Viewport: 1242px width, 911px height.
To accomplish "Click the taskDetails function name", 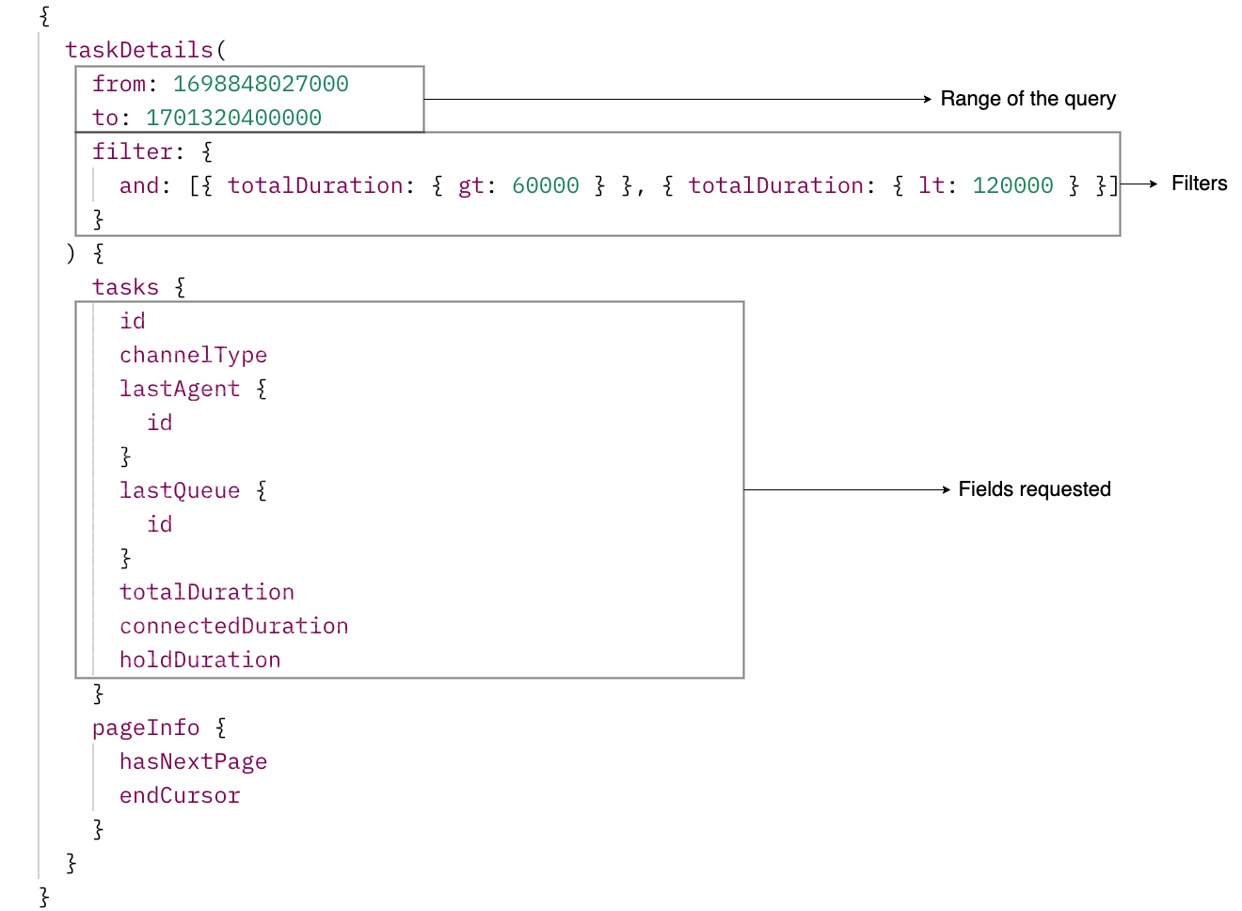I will pyautogui.click(x=139, y=50).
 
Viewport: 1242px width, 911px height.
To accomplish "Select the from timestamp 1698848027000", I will pyautogui.click(x=261, y=84).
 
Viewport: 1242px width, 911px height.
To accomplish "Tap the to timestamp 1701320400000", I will pyautogui.click(x=233, y=118).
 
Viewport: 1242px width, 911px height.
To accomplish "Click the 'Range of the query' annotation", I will pyautogui.click(x=1027, y=99).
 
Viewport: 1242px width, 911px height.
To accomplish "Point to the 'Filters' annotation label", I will pyautogui.click(x=1199, y=184).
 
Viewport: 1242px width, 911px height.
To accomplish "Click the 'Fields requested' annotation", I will pyautogui.click(x=1034, y=489).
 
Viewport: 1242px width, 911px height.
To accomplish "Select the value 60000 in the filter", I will pyautogui.click(x=545, y=185).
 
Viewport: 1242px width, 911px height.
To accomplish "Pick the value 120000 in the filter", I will pyautogui.click(x=1012, y=185).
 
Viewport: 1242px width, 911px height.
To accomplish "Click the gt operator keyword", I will pyautogui.click(x=470, y=185).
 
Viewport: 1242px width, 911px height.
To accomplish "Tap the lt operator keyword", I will pyautogui.click(x=931, y=185).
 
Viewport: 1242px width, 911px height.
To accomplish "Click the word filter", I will pyautogui.click(x=132, y=152).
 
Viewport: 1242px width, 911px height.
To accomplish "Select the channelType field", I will pyautogui.click(x=193, y=355).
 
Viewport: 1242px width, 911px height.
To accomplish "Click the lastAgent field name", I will pyautogui.click(x=179, y=389).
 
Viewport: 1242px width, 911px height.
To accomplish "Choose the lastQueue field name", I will pyautogui.click(x=179, y=490).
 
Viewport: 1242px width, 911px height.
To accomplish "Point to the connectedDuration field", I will pyautogui.click(x=233, y=626).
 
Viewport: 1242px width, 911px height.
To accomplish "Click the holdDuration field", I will pyautogui.click(x=199, y=660).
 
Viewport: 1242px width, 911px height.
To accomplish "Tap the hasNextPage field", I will pyautogui.click(x=193, y=761).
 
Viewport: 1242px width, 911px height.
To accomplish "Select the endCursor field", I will pyautogui.click(x=179, y=795).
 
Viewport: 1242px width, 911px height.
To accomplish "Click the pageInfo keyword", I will pyautogui.click(x=145, y=727).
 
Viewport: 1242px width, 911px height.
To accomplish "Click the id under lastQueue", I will pyautogui.click(x=159, y=524).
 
